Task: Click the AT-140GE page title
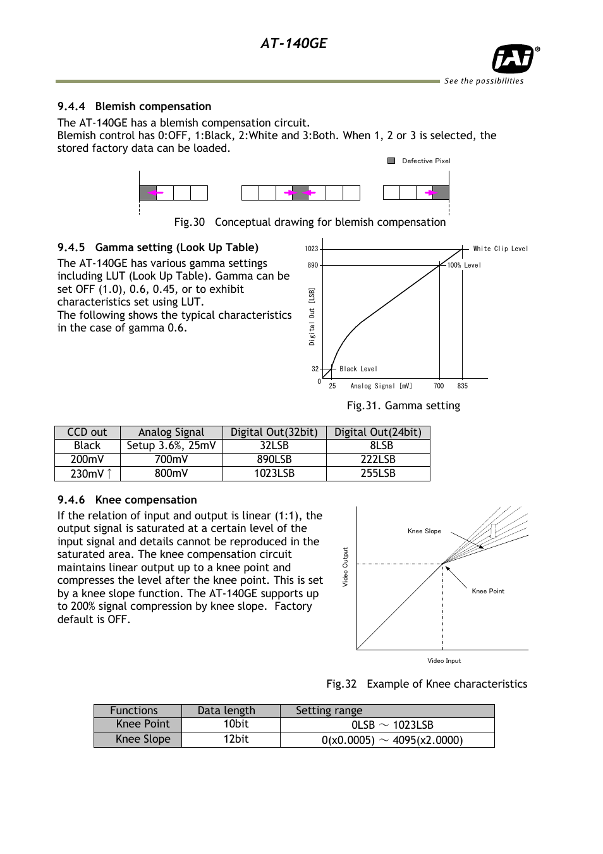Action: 293,43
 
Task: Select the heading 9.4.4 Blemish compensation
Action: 134,106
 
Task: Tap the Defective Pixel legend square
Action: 391,161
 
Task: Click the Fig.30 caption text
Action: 310,222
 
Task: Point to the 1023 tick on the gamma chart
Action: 312,249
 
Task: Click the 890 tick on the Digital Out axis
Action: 313,265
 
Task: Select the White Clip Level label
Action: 501,249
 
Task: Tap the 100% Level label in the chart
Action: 465,265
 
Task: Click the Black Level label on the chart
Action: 358,369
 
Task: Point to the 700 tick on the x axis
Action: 439,386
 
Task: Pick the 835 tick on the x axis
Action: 463,386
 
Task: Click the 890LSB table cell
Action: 274,460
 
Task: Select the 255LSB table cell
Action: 377,474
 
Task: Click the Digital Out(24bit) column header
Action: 377,432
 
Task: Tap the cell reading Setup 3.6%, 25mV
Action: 171,446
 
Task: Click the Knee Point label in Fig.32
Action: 488,591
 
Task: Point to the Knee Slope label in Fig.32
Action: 424,531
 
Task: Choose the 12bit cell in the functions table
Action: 236,739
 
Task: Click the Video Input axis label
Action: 444,660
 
